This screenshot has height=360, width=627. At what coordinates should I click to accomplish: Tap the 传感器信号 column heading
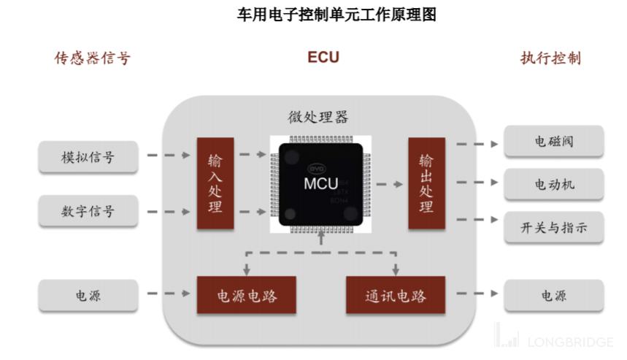pyautogui.click(x=93, y=58)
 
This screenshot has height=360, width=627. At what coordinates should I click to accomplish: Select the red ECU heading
pyautogui.click(x=323, y=58)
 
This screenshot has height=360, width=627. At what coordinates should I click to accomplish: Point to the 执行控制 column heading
pyautogui.click(x=550, y=58)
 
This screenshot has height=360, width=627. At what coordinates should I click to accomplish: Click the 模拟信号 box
pyautogui.click(x=88, y=156)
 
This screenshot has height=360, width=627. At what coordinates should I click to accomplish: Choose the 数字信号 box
pyautogui.click(x=88, y=212)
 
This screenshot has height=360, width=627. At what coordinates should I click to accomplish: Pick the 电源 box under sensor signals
pyautogui.click(x=88, y=296)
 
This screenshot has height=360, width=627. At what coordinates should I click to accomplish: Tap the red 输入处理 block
pyautogui.click(x=215, y=184)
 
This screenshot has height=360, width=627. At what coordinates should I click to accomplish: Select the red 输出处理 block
pyautogui.click(x=426, y=184)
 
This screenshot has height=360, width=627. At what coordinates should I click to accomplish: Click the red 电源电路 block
pyautogui.click(x=247, y=296)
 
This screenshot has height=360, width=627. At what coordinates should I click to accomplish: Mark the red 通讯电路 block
pyautogui.click(x=396, y=296)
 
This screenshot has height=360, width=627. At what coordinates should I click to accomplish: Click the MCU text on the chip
pyautogui.click(x=321, y=184)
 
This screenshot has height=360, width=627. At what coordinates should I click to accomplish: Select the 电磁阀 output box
pyautogui.click(x=554, y=142)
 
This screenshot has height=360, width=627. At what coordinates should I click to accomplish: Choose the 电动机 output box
pyautogui.click(x=554, y=184)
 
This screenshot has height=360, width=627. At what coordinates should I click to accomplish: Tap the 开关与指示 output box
pyautogui.click(x=554, y=229)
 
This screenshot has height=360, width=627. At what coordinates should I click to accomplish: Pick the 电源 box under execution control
pyautogui.click(x=554, y=296)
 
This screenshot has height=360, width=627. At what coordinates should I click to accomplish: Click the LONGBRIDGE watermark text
pyautogui.click(x=570, y=341)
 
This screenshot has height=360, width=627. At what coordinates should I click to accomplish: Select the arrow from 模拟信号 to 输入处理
pyautogui.click(x=166, y=156)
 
